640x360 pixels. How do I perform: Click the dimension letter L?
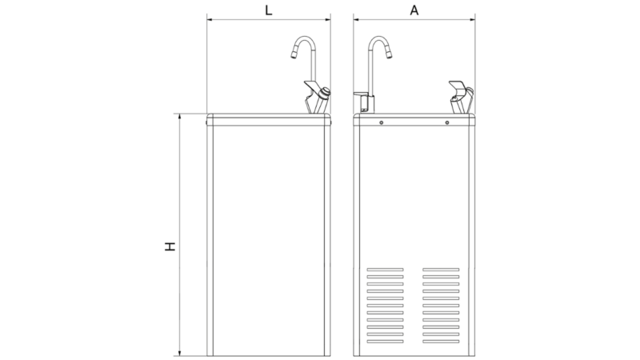269,10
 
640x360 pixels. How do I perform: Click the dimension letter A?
414,10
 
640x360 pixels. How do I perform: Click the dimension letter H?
170,246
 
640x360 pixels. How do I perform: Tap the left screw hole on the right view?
382,122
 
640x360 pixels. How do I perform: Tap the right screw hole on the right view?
447,122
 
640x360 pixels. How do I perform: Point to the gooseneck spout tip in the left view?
294,55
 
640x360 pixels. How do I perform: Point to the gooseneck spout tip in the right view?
389,54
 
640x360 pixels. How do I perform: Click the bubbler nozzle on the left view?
326,93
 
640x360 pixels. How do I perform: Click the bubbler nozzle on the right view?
470,92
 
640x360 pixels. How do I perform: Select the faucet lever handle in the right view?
361,94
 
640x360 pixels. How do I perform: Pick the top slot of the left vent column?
385,270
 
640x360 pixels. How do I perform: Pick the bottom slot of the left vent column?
385,342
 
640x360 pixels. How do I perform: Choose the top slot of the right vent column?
441,270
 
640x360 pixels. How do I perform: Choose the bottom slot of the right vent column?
441,342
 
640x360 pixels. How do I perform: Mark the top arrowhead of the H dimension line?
179,117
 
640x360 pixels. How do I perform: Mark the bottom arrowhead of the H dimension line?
179,353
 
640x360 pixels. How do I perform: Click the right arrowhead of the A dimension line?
472,18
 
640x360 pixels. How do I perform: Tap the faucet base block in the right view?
368,104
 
